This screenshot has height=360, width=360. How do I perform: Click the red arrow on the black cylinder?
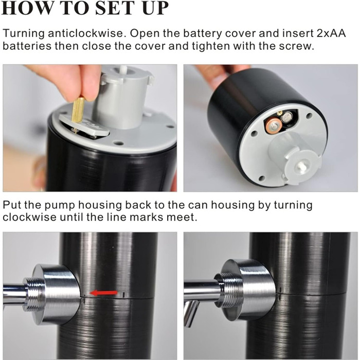point(103,293)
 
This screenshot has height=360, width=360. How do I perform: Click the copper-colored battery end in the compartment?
point(274,125)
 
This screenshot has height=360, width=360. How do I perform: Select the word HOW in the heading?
point(27,8)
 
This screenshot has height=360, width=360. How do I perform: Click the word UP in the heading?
point(155,8)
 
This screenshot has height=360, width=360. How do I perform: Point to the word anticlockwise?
point(87,33)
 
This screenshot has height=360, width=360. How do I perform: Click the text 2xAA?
point(331,33)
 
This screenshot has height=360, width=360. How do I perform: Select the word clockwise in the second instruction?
point(29,217)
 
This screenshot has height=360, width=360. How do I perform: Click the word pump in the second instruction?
point(60,206)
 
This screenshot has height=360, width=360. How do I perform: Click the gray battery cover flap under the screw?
point(84,125)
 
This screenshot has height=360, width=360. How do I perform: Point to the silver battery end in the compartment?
point(287,118)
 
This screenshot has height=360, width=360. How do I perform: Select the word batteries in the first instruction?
point(27,46)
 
